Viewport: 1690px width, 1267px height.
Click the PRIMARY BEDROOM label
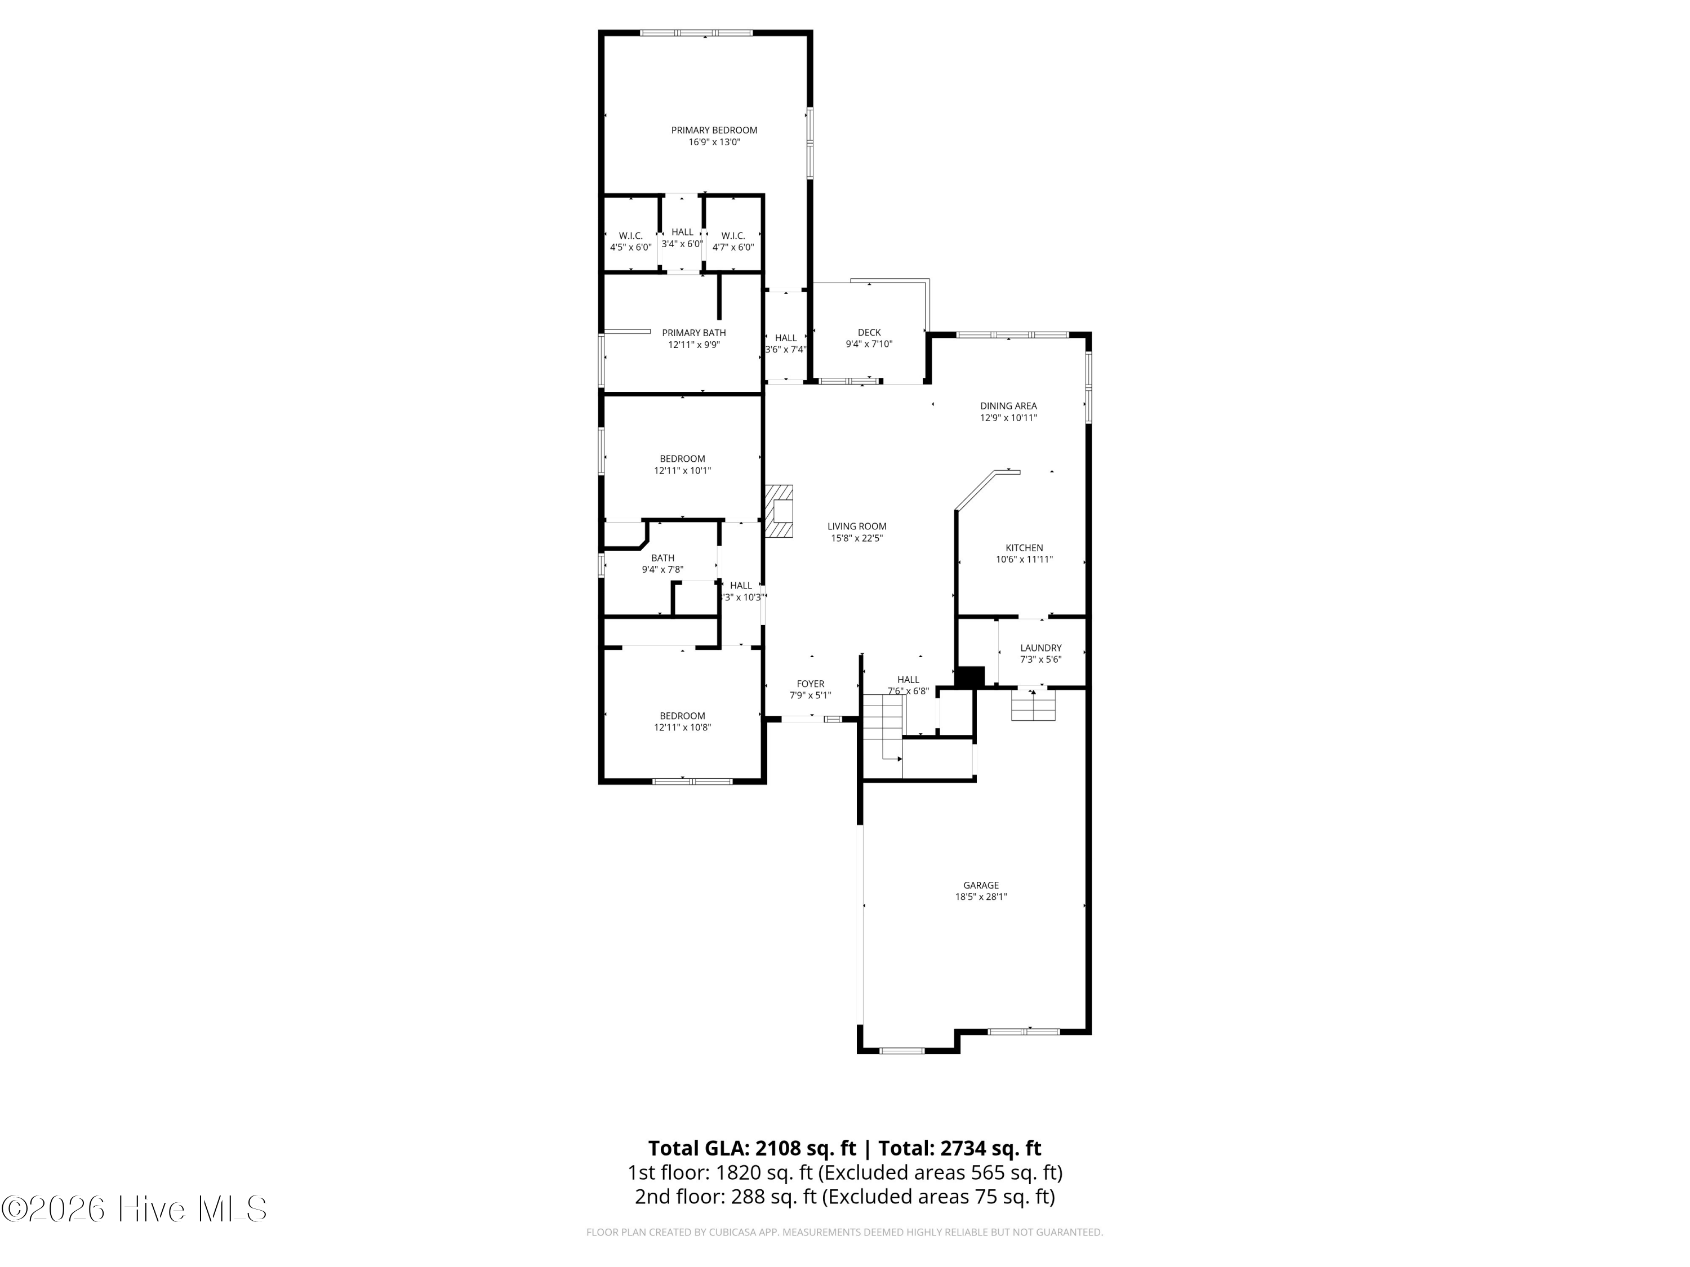coord(714,130)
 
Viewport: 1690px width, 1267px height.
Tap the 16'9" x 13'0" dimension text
coord(714,142)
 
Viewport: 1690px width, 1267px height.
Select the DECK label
coord(869,332)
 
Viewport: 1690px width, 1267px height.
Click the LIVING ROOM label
coord(856,526)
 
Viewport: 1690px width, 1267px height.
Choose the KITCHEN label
coord(1024,547)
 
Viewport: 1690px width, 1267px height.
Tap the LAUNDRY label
coord(1040,648)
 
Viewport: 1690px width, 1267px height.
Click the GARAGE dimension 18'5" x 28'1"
coord(981,898)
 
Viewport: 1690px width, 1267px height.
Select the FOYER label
coord(810,684)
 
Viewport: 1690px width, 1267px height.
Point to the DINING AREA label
coord(1008,405)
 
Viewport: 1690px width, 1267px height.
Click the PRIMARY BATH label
coord(693,333)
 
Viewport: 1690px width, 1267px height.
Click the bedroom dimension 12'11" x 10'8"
coord(682,728)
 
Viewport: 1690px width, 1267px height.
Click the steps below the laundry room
coord(1033,705)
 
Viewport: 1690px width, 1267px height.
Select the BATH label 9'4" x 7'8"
coord(662,558)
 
